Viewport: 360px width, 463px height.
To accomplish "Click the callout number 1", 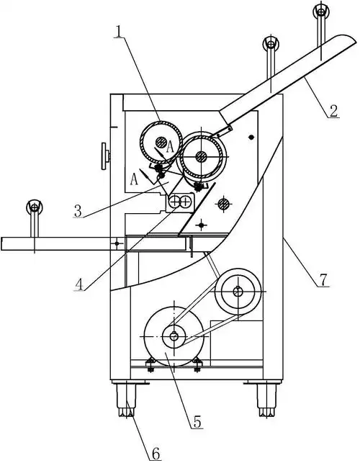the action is pos(118,31).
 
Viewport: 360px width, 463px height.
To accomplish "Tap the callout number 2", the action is pos(333,112).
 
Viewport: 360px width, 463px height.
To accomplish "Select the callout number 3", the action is pos(78,211).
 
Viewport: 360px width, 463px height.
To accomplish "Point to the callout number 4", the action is pos(78,284).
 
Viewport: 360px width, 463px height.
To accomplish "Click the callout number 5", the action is pos(197,422).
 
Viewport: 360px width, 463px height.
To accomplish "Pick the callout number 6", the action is pos(156,453).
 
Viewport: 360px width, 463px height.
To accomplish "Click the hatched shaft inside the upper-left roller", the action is pos(161,143).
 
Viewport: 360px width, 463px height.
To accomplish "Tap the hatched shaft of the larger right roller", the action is pos(201,156).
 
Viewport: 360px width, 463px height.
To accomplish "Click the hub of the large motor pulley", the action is pos(174,336).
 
